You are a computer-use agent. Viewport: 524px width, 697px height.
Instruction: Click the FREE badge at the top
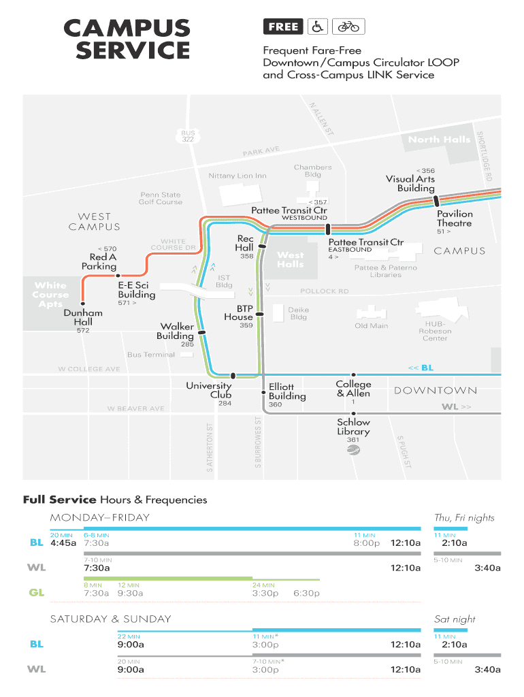pos(283,27)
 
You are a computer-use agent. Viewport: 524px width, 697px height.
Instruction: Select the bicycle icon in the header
pos(348,27)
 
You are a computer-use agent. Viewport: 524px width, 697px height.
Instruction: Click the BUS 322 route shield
pos(188,136)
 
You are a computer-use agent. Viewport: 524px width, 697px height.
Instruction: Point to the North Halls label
pos(439,140)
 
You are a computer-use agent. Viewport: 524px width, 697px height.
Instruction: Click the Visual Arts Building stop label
pos(410,184)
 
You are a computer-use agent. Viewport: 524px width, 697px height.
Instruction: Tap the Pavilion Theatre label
pos(455,218)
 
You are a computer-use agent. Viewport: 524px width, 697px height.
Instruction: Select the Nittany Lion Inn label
pos(238,176)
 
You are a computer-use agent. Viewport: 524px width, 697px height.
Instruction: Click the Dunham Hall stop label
pos(83,317)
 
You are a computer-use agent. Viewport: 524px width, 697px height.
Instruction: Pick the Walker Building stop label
pos(176,331)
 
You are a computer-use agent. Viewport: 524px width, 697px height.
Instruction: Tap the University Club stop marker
pos(233,375)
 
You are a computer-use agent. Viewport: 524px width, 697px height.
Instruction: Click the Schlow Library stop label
pos(353,427)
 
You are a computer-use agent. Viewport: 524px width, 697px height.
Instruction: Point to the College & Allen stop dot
pos(353,375)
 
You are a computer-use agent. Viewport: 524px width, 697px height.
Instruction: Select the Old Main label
pos(371,326)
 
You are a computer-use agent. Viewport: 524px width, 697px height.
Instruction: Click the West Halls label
pos(291,259)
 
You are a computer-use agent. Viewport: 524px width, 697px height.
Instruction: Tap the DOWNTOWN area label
pos(435,391)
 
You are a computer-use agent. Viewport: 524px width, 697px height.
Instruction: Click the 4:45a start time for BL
pos(63,543)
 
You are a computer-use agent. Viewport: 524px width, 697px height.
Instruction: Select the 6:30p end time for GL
pos(306,593)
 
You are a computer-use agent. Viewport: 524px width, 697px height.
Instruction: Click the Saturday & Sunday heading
pos(110,619)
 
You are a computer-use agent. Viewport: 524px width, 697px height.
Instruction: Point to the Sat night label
pos(455,619)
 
